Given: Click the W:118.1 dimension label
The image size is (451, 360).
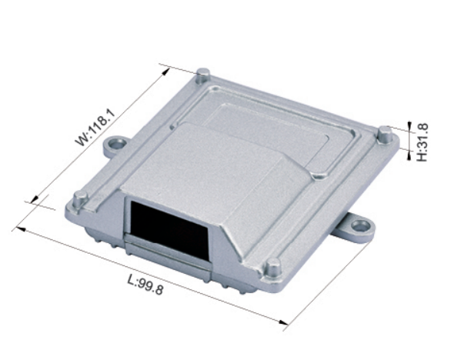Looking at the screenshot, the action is tap(95, 128).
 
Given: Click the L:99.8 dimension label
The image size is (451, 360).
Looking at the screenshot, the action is tap(145, 285).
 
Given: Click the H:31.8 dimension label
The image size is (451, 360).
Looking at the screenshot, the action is tap(422, 142).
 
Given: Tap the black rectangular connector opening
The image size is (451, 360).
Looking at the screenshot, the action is tap(169, 230).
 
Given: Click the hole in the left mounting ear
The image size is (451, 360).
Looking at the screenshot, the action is tap(117, 144).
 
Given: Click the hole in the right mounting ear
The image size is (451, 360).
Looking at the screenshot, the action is tap(360, 225).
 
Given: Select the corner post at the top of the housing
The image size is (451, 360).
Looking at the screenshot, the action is tap(204, 76).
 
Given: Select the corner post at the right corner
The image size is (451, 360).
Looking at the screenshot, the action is tap(385, 135).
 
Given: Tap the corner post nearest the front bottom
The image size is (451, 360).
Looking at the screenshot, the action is tap(272, 268).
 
